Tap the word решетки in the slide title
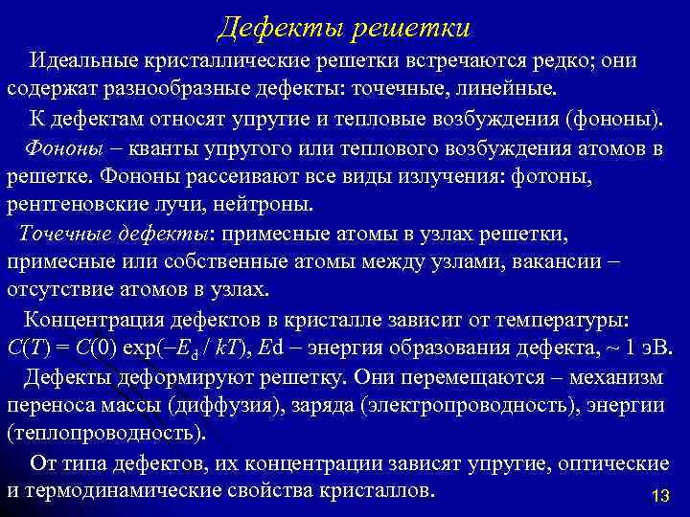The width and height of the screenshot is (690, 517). (x=409, y=28)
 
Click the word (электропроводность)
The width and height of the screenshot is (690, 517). (x=459, y=405)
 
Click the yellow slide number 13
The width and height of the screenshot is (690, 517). (x=658, y=496)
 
